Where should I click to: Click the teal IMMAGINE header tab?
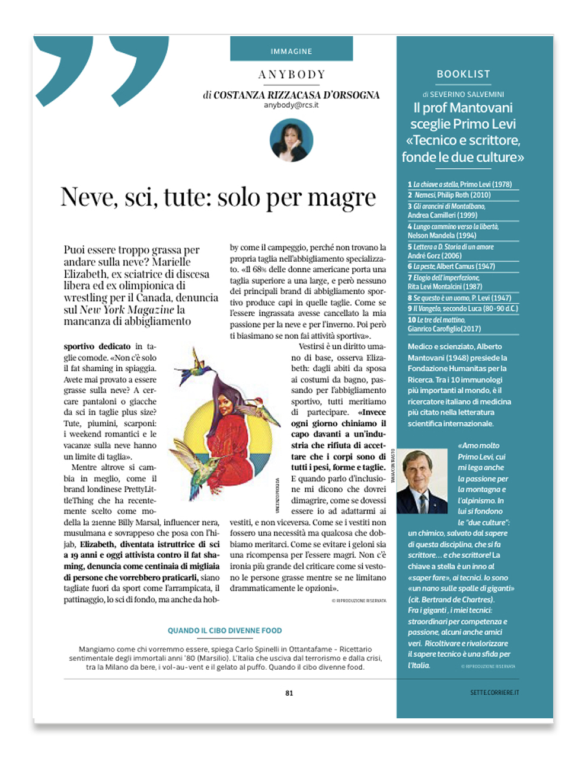tap(291, 51)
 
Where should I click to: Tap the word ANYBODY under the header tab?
tap(292, 75)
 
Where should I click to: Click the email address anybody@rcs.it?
tap(291, 105)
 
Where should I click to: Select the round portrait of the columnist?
tap(291, 141)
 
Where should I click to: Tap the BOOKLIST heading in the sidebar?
tap(463, 74)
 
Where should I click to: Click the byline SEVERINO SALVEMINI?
tap(467, 94)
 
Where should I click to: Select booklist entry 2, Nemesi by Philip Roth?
tap(449, 195)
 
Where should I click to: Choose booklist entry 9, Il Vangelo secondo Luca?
tap(463, 308)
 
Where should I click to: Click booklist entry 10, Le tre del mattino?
tap(445, 324)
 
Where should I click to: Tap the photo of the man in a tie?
tap(422, 481)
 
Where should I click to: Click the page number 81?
tap(289, 693)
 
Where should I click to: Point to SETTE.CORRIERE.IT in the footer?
tap(494, 692)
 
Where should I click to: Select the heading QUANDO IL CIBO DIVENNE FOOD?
tap(225, 631)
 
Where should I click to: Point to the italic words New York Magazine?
tap(127, 310)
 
